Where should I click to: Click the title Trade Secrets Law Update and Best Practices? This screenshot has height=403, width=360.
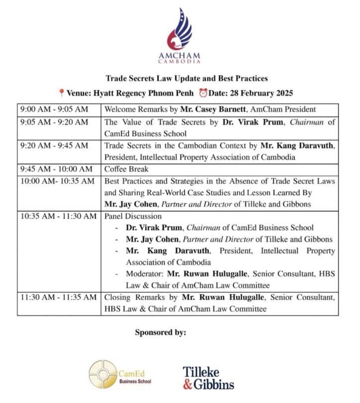(180, 78)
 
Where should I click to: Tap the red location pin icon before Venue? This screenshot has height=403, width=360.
(61, 93)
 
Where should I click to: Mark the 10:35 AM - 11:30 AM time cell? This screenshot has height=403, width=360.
(58, 216)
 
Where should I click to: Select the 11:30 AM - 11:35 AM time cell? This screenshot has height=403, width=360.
(58, 298)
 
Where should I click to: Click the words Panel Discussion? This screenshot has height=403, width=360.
(133, 216)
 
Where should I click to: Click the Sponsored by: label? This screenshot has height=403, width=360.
(160, 332)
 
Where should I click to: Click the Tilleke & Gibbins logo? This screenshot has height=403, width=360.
(208, 377)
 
